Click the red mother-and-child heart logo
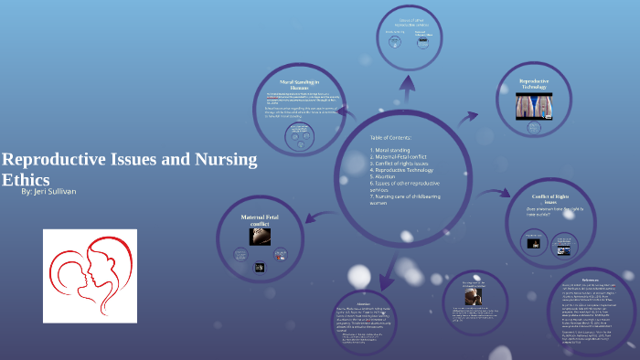coord(90,275)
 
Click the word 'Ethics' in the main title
coord(26,180)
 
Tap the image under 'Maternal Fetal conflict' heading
coord(259,238)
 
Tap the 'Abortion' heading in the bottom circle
coord(365,305)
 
